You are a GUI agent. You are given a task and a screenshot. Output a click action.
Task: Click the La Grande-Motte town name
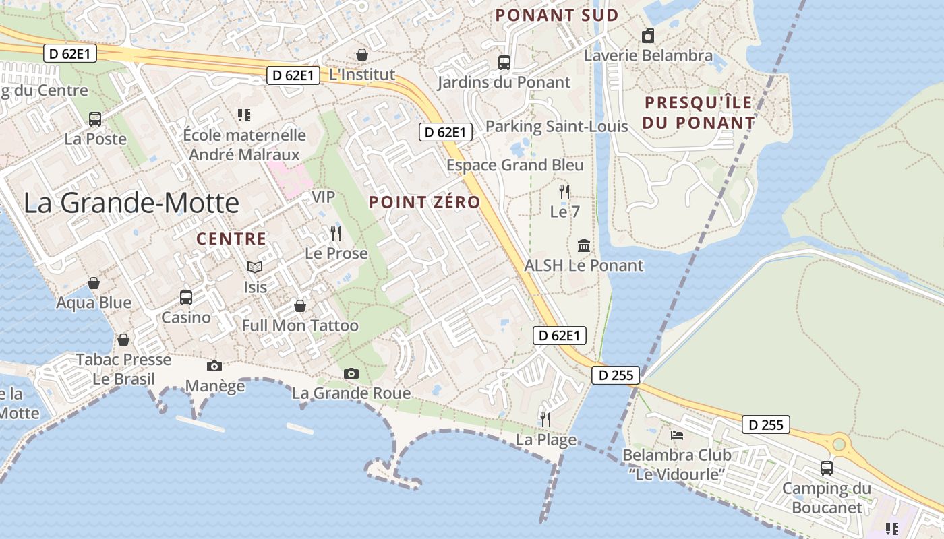pos(131,203)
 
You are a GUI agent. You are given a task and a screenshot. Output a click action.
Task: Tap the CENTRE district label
pos(231,239)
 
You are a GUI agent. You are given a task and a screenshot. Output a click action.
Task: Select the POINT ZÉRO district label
pos(424,202)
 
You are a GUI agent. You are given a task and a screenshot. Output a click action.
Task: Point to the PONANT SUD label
pos(557,15)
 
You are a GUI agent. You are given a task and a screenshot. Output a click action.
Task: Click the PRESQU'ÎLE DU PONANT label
pos(698,113)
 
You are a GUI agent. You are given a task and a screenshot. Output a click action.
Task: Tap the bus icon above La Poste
pos(95,119)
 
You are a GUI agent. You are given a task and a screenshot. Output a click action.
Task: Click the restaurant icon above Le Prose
pos(336,234)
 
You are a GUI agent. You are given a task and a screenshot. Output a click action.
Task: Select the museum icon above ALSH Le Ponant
pos(584,246)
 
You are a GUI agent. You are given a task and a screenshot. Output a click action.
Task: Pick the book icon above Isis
pos(255,267)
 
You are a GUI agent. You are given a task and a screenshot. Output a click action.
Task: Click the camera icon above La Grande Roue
pos(351,373)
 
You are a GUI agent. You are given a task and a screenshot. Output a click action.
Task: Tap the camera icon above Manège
pos(214,366)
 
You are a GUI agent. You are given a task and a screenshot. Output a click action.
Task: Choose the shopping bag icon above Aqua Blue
pos(94,283)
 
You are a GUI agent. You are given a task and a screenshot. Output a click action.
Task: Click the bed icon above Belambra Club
pos(676,435)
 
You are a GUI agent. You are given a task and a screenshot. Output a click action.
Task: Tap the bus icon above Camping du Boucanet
pos(826,468)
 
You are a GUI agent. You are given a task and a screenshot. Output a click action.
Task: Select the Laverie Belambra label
pos(648,55)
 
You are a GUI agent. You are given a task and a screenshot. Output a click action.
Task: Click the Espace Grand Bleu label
pos(515,165)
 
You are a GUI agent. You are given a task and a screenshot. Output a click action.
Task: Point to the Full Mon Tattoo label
pos(300,326)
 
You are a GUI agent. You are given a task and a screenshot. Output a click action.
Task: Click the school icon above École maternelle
pos(244,115)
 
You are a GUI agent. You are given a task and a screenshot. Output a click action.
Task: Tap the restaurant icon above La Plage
pos(545,420)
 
